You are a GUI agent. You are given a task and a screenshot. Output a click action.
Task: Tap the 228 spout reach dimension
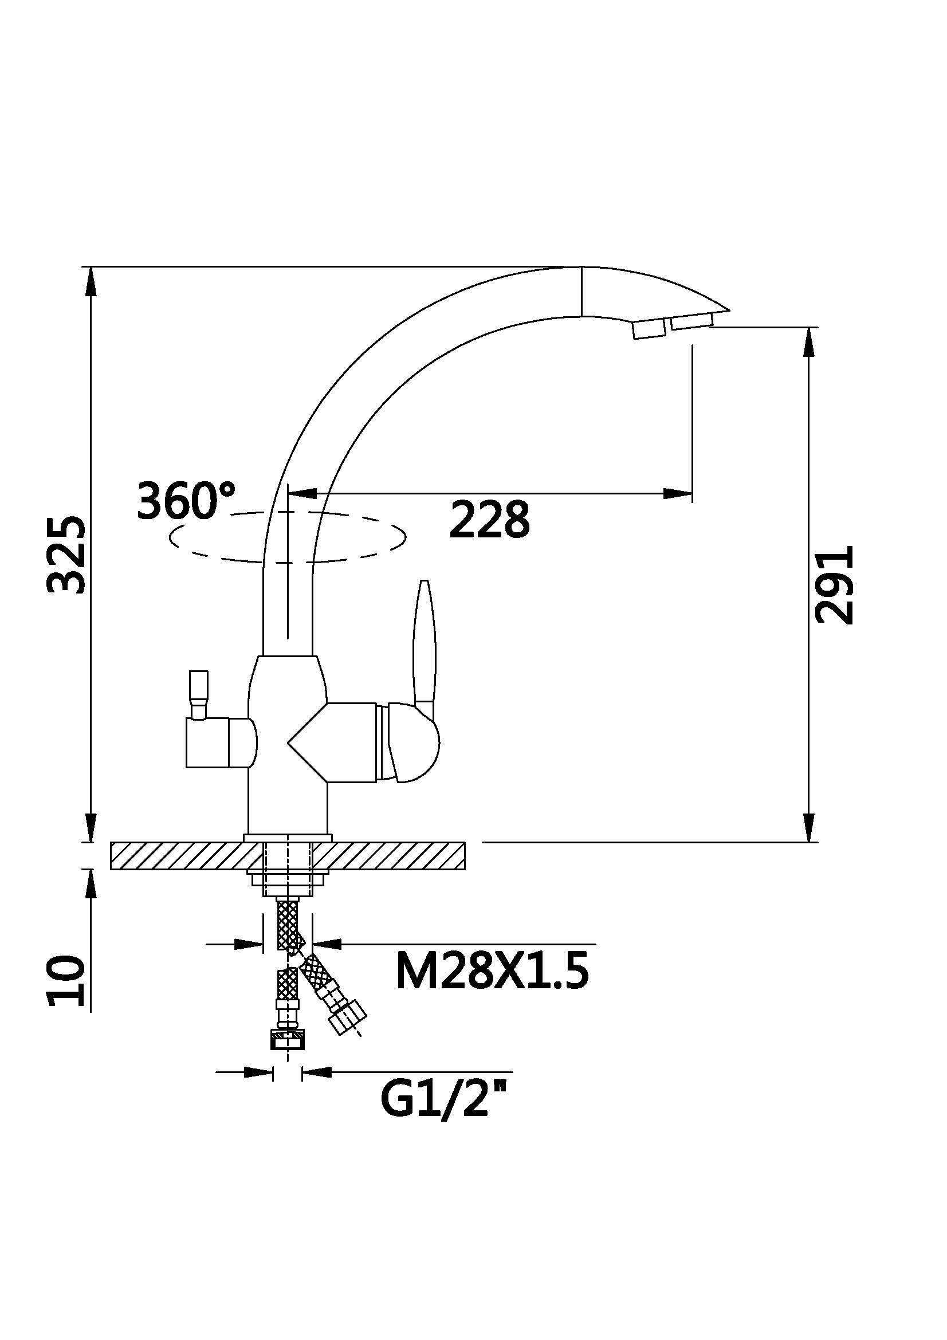(489, 519)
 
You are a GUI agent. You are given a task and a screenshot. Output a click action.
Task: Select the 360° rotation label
(186, 501)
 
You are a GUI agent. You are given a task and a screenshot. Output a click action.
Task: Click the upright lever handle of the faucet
(423, 642)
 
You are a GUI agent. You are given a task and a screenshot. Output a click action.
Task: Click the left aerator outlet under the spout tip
(649, 329)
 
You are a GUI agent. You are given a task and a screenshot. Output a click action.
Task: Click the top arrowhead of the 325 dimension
(91, 280)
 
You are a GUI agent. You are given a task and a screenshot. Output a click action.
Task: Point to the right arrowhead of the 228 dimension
(680, 494)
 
